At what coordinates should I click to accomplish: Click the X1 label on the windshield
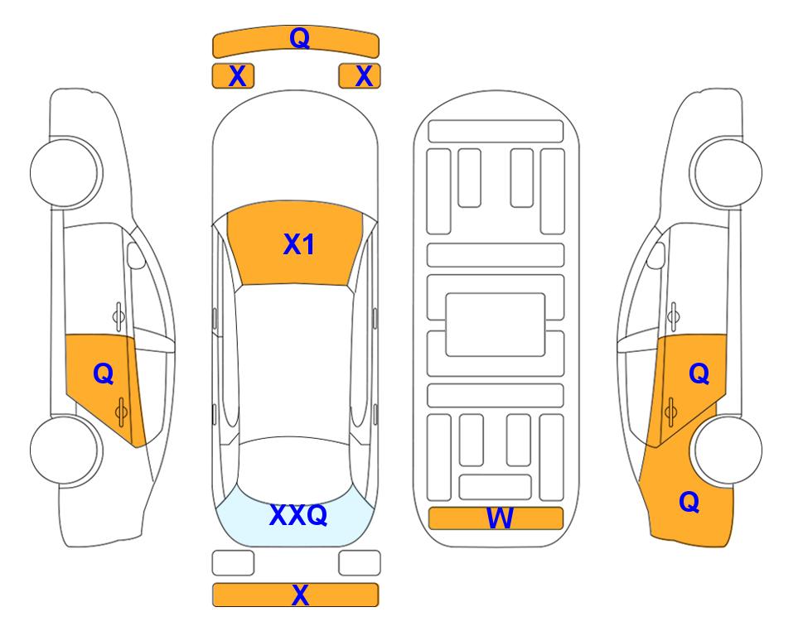[298, 244]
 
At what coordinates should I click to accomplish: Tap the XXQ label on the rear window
[298, 515]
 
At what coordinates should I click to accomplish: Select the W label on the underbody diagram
[500, 518]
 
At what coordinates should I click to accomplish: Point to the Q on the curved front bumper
[299, 37]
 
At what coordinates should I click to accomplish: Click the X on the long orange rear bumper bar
[300, 595]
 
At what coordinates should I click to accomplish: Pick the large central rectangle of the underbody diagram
[496, 325]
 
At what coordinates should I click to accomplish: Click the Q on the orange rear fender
[689, 502]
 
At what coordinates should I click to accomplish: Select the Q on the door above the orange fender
[699, 373]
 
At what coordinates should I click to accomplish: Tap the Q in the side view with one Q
[104, 373]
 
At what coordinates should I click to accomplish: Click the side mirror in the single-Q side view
[135, 255]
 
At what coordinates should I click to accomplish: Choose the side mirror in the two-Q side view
[656, 255]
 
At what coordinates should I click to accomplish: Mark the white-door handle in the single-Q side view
[118, 316]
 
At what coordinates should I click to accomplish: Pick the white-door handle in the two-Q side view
[674, 316]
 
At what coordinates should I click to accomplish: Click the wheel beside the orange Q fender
[728, 450]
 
